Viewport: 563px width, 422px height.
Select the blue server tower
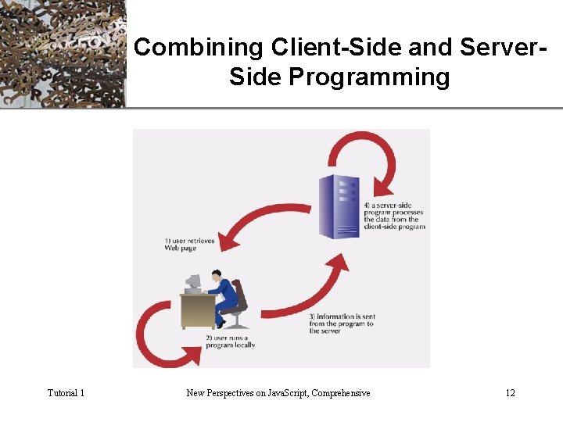338,204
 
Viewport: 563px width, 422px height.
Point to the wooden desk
196,309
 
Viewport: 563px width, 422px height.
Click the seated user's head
215,275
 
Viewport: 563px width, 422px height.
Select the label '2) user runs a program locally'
230,341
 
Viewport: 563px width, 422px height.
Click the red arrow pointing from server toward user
258,224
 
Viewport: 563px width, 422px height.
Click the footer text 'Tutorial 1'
66,392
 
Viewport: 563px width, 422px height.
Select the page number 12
510,392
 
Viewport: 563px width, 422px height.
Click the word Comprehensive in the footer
340,392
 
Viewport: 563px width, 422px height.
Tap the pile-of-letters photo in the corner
63,53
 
